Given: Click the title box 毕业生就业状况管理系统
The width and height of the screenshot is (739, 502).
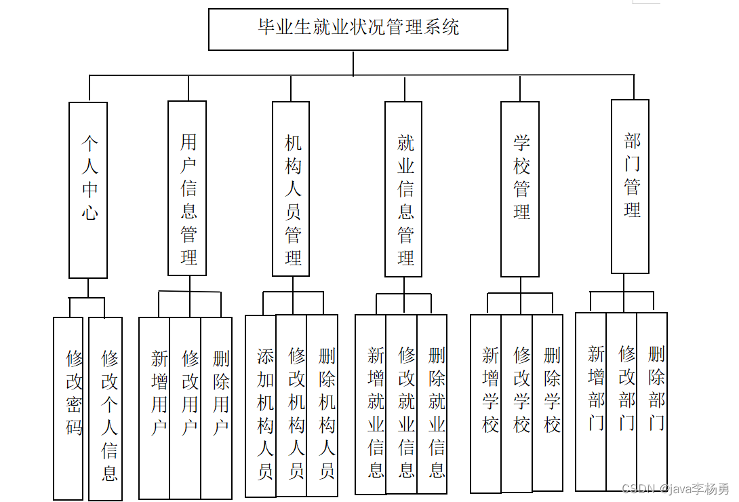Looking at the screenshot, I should [358, 29].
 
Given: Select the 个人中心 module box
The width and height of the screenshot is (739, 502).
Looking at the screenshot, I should [88, 190].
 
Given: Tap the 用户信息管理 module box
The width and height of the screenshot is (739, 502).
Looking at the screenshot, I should [187, 189].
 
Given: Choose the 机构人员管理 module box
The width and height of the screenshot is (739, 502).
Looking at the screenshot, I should [291, 189].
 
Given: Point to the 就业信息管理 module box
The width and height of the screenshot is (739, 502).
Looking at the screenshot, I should [403, 189].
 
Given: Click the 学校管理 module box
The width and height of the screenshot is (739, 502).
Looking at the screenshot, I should [520, 189].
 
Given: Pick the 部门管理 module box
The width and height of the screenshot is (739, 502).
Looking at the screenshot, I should [630, 187].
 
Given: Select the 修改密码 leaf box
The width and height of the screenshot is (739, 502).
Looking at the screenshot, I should [68, 408].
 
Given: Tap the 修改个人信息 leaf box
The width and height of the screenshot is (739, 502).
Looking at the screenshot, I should [106, 408].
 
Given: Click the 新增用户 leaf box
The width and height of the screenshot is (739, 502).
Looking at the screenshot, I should [155, 408].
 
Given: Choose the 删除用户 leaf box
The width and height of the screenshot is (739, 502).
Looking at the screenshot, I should [217, 408].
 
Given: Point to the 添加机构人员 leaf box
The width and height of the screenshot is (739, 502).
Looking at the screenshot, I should [261, 406].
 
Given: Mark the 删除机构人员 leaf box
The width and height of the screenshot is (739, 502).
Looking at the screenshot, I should [322, 406].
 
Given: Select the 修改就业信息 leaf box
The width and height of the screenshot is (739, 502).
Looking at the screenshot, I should [401, 404].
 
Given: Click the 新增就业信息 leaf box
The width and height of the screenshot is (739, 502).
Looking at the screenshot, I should [371, 404].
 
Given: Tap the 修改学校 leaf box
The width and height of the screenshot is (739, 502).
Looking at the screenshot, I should [517, 403].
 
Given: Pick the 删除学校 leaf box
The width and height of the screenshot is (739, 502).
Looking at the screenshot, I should [548, 403].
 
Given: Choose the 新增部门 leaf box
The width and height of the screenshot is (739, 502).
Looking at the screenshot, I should [591, 401].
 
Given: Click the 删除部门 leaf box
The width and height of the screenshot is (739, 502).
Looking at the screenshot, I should [652, 401].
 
